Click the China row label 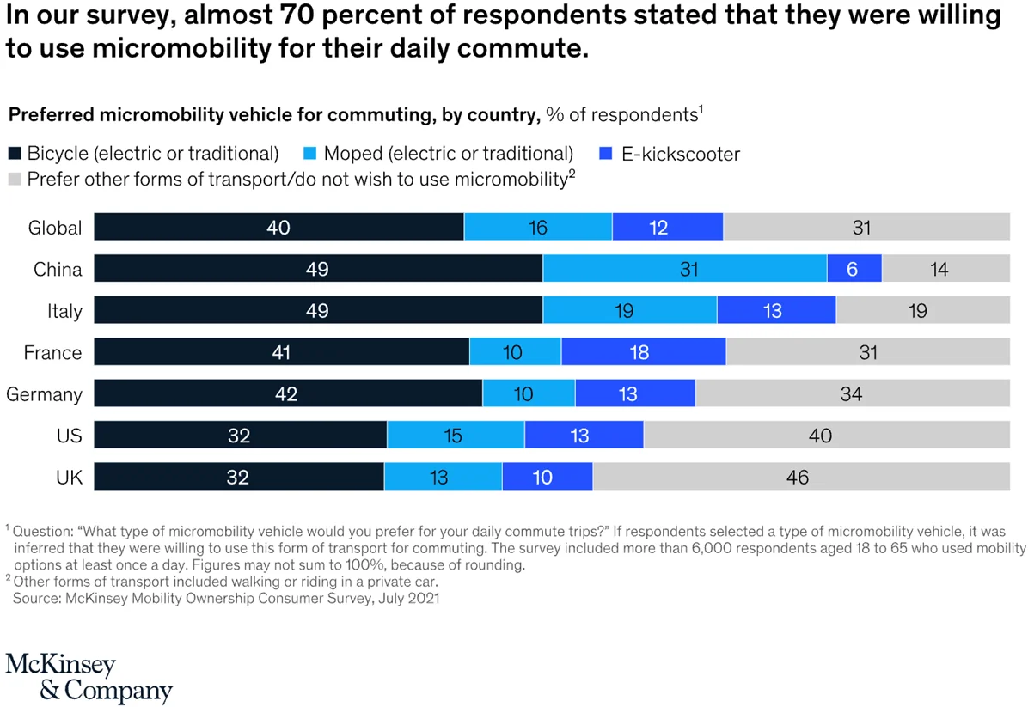pos(58,270)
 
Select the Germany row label pos(44,395)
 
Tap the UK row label pos(70,478)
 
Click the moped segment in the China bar pos(684,269)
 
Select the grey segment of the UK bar pos(800,477)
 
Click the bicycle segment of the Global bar pos(278,228)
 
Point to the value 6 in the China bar pos(853,270)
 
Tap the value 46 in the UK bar pos(798,477)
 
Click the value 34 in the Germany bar pos(851,394)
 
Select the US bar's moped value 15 pos(453,436)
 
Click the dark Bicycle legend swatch pos(14,155)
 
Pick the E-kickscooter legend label pos(680,155)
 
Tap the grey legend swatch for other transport pos(14,180)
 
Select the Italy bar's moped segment pos(629,311)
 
